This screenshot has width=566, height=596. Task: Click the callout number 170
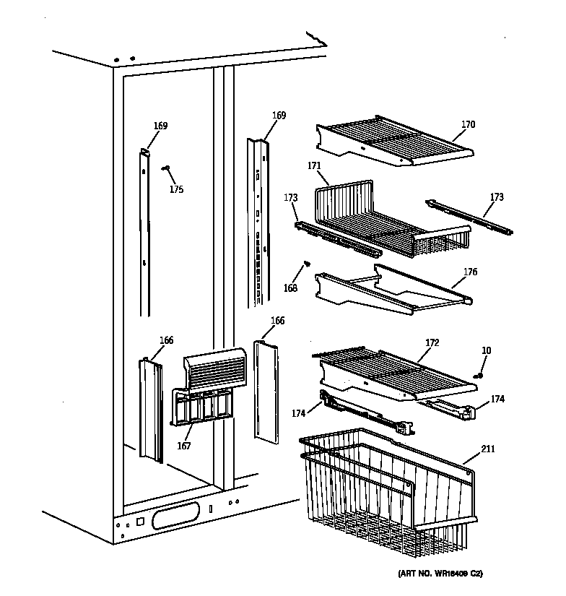[x=469, y=124]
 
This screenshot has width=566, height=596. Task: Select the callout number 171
[x=314, y=166]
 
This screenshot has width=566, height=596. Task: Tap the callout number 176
[x=470, y=272]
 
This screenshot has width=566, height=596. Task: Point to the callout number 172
[x=432, y=340]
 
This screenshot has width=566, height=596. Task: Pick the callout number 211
[x=489, y=450]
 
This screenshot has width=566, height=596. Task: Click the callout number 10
[x=486, y=350]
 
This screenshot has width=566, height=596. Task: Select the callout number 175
[x=176, y=189]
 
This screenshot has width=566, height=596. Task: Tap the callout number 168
[x=290, y=289]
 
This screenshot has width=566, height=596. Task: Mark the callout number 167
[x=184, y=446]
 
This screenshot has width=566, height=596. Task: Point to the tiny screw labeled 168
[x=307, y=264]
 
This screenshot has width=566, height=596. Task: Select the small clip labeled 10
[x=479, y=375]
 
